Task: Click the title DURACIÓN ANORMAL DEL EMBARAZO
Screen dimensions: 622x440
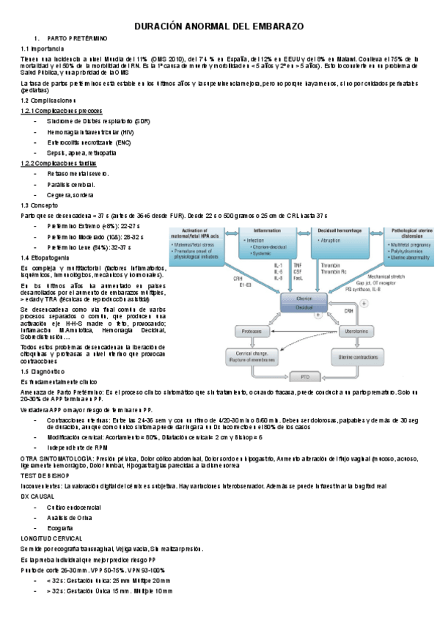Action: pyautogui.click(x=219, y=26)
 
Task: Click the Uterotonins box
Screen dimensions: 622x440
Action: pyautogui.click(x=337, y=332)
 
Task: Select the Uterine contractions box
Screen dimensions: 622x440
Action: pyautogui.click(x=337, y=356)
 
